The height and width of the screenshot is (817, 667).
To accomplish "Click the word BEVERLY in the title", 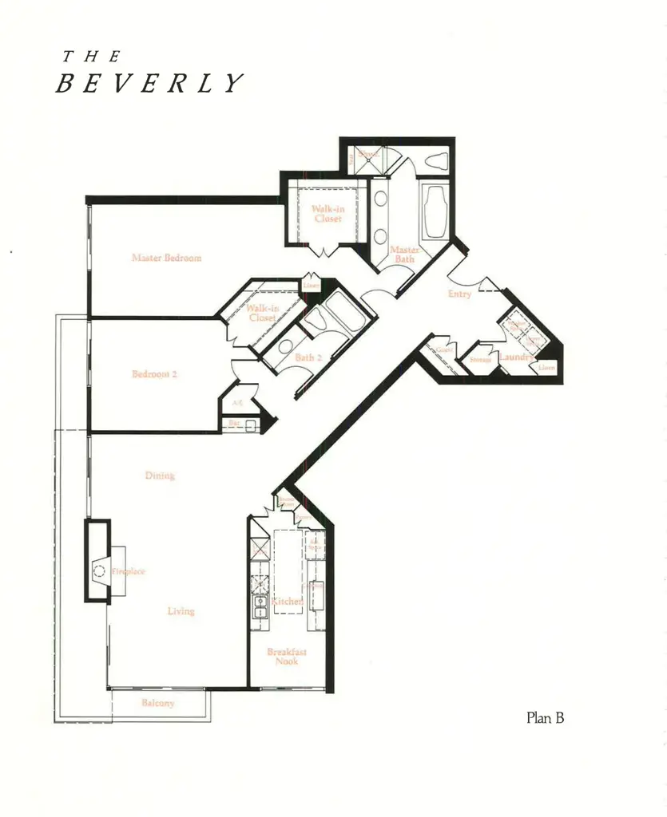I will (149, 83).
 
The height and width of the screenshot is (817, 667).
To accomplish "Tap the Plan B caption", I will (546, 717).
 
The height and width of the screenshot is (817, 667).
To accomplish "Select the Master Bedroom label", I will (166, 258).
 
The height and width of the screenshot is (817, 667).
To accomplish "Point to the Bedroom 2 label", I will (154, 373).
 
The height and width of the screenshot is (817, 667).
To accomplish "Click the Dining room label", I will (160, 476).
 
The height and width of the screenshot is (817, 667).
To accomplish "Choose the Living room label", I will (181, 611).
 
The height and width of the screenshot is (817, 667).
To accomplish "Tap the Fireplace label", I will (128, 571).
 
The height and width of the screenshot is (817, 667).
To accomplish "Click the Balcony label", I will (157, 704).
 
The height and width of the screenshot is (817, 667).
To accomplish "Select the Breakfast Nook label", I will (286, 657).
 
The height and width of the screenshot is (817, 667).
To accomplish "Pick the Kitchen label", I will (287, 602).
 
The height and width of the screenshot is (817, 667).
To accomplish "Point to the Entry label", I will (459, 294).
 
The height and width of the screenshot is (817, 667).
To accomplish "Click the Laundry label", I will (515, 357).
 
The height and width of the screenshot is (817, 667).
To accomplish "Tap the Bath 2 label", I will (308, 357).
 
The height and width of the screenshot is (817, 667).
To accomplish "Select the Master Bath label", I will (404, 255).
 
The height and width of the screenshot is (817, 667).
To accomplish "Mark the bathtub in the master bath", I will (436, 212).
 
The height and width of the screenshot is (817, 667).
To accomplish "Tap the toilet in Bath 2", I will (315, 321).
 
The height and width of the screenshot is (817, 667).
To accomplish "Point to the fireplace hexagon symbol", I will (99, 570).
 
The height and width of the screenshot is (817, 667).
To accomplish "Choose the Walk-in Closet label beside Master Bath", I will (327, 213).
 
